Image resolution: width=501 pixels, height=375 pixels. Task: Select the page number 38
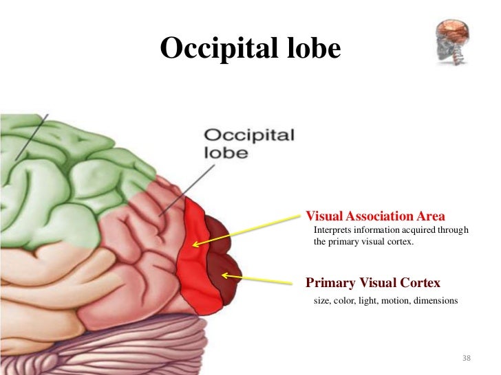coord(467,359)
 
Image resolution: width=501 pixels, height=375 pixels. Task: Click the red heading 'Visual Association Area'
coord(375,214)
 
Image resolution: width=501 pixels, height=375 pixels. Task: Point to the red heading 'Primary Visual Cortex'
coord(372,283)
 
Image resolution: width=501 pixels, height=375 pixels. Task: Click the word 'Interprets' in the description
coord(330,229)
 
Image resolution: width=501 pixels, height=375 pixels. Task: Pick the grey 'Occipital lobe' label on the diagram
coord(248,143)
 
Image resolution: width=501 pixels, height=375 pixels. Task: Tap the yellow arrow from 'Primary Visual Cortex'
coord(262,280)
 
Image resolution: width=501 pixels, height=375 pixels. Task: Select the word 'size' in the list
coord(321,301)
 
